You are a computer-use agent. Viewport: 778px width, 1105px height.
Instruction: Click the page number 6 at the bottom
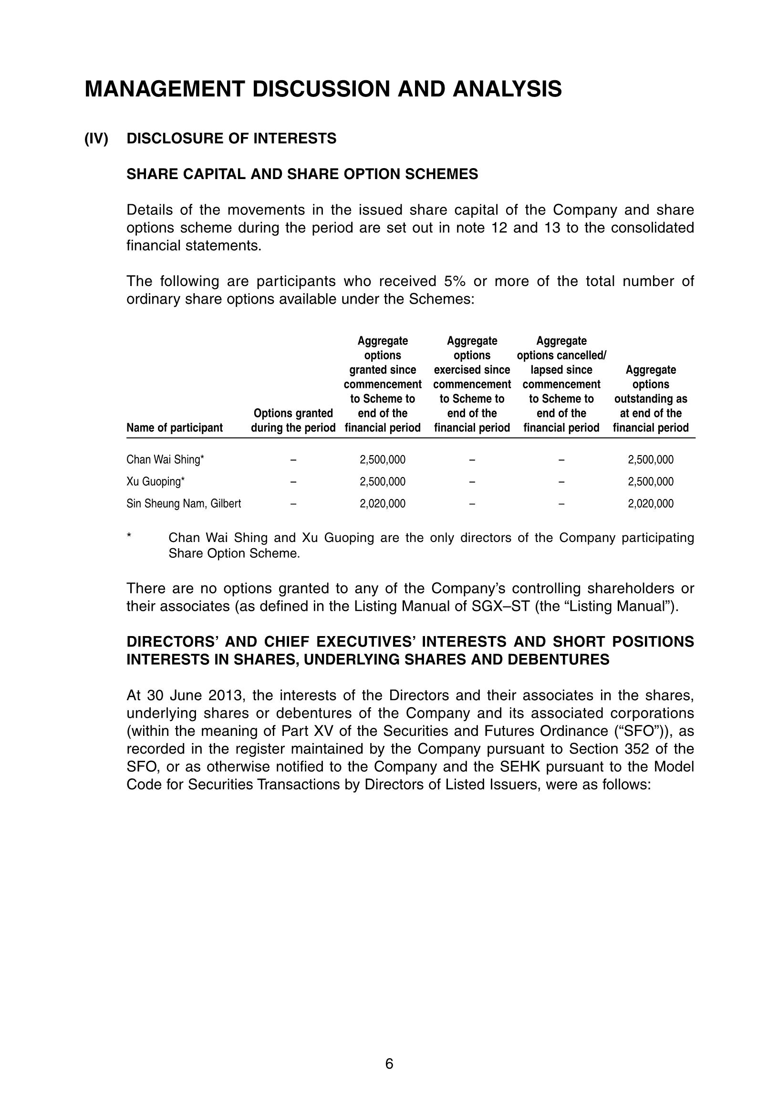click(389, 1064)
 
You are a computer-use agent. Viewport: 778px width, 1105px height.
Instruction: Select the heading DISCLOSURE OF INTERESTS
click(231, 138)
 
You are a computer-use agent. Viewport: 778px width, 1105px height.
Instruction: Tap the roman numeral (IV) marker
click(96, 138)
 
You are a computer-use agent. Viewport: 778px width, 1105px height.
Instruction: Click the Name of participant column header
click(175, 428)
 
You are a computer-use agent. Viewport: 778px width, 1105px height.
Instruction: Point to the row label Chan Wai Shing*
click(165, 459)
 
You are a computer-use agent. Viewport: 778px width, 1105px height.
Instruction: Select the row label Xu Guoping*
click(156, 482)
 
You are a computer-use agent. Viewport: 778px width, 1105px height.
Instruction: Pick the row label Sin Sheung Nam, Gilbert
click(184, 504)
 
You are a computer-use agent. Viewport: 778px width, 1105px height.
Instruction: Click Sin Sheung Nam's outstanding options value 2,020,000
click(651, 504)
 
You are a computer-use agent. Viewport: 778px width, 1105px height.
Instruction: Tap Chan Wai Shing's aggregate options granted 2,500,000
click(382, 459)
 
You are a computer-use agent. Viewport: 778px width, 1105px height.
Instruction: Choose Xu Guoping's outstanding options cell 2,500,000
click(651, 482)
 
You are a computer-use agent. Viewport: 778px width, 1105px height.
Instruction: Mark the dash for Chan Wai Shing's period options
click(293, 459)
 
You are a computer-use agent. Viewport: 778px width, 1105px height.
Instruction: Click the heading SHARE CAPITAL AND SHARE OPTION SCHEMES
click(302, 174)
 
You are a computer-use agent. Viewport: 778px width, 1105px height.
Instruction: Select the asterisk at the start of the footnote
click(129, 536)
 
